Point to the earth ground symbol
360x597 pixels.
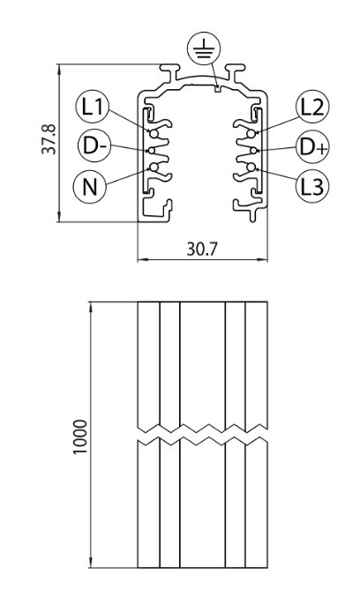click(x=204, y=49)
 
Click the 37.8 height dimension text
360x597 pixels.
click(x=49, y=139)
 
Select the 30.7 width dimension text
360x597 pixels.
click(x=202, y=249)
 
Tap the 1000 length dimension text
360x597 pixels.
click(x=80, y=437)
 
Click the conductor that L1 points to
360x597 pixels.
click(x=154, y=134)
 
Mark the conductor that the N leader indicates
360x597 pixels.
click(x=154, y=168)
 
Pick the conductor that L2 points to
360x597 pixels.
click(x=251, y=134)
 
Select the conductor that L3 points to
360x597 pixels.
click(x=251, y=168)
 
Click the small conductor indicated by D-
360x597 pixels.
click(x=152, y=151)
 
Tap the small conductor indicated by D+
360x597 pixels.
click(x=253, y=151)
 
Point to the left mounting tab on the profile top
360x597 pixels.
click(x=170, y=70)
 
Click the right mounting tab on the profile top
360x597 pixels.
click(x=235, y=70)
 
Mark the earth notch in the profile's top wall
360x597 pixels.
click(x=218, y=89)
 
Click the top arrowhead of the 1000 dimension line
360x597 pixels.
click(x=92, y=307)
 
